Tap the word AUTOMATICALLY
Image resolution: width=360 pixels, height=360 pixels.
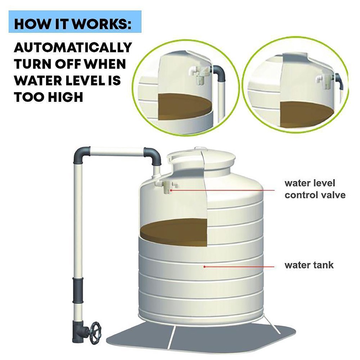click(x=73, y=47)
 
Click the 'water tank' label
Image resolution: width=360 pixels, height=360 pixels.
click(x=309, y=265)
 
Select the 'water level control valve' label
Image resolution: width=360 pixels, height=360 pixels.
click(x=315, y=189)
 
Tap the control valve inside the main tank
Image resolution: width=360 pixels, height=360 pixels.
click(x=167, y=186)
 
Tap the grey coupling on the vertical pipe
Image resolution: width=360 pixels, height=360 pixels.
click(x=78, y=290)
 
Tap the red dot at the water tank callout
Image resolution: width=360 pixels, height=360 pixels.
click(x=204, y=266)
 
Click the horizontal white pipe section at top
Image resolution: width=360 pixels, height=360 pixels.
click(x=117, y=152)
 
